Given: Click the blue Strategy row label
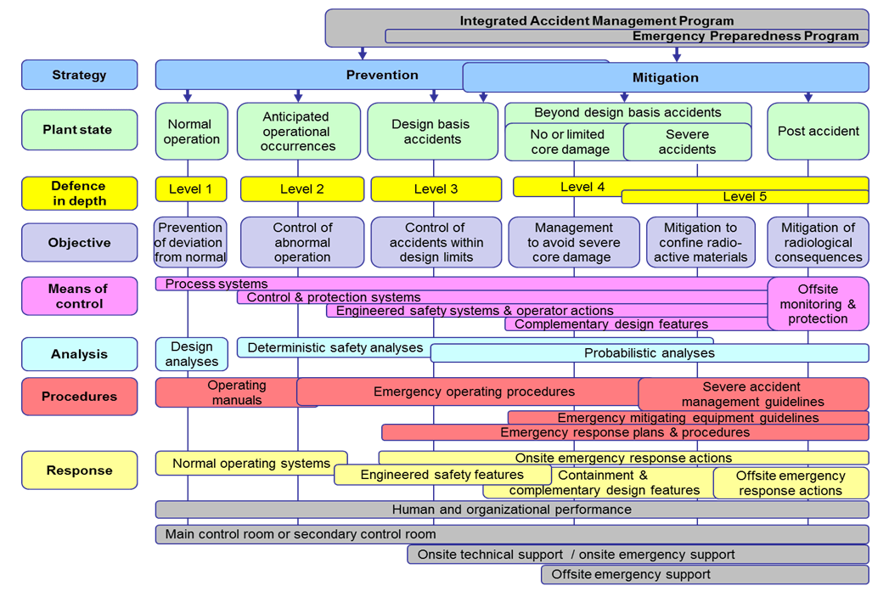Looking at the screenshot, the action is click(x=79, y=75).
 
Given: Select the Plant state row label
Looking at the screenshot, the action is click(x=79, y=130).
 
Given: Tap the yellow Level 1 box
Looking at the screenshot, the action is click(x=191, y=189).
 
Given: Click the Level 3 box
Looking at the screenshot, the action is click(x=436, y=189).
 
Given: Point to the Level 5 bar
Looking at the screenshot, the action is click(x=745, y=197).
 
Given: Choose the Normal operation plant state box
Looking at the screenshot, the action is click(x=192, y=132).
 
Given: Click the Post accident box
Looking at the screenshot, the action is click(x=818, y=132).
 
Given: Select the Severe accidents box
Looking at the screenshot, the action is click(x=687, y=143).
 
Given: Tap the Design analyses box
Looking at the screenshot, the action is click(x=192, y=354).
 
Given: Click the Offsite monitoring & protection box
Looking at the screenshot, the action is click(x=818, y=304).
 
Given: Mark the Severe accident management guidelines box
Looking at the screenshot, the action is click(x=753, y=394).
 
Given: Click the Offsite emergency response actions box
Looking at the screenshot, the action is click(x=791, y=483).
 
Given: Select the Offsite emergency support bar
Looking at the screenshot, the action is click(x=705, y=574).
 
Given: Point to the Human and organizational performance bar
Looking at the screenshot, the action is click(x=512, y=510).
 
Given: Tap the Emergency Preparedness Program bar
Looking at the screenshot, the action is click(x=627, y=37).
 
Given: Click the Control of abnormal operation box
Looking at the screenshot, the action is click(x=302, y=242).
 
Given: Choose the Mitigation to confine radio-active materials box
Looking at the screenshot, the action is click(x=701, y=242).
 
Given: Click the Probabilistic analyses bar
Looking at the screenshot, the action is click(x=650, y=353).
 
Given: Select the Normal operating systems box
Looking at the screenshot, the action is click(x=251, y=463).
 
